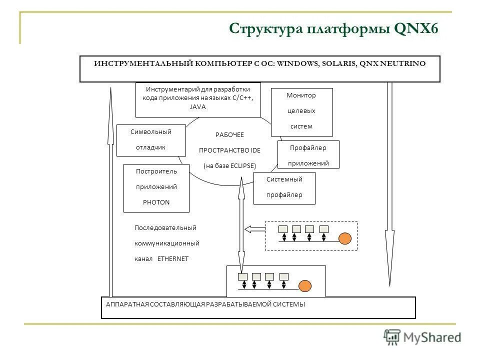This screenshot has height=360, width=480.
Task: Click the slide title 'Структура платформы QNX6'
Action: tap(333, 28)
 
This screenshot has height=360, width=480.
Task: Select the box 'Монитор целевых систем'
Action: tap(301, 111)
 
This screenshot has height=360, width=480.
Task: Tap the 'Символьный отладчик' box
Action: tap(150, 140)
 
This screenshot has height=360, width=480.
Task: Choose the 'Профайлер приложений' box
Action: tap(308, 155)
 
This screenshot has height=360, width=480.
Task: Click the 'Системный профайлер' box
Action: tap(284, 188)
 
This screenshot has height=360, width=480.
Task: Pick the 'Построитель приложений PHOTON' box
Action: tap(156, 187)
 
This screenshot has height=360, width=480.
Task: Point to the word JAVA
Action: tap(197, 106)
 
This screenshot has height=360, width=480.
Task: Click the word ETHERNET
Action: tap(173, 259)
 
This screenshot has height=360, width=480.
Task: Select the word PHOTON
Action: tap(156, 202)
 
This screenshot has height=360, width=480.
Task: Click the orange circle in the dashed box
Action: tap(345, 238)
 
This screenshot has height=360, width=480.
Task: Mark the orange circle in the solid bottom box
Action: tap(305, 286)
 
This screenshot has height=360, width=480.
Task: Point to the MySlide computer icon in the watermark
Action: tap(392, 337)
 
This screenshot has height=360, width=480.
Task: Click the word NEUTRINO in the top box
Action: tap(402, 63)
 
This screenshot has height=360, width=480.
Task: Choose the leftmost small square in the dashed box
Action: tap(283, 229)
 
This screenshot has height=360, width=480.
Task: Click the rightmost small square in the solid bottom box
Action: tap(284, 276)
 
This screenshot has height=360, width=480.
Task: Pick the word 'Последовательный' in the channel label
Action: tap(165, 228)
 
